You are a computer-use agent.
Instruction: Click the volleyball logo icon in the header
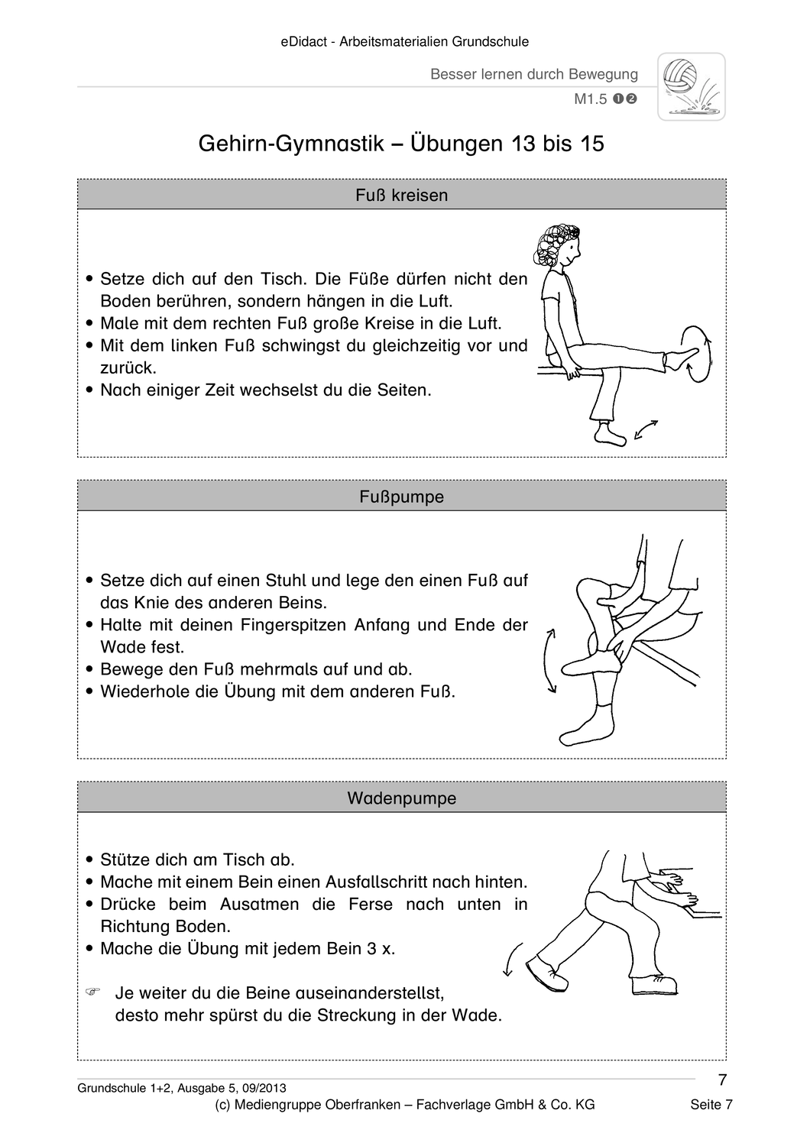691,87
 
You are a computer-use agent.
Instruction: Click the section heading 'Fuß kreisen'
401,196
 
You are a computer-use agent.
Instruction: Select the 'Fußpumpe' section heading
401,497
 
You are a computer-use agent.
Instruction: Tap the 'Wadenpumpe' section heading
401,798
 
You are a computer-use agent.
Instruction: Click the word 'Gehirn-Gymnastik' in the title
290,144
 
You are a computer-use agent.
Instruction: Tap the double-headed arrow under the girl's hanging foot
646,430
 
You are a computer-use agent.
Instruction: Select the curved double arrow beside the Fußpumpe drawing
549,660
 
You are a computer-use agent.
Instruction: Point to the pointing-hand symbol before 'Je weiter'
93,992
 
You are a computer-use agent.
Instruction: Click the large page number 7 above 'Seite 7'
723,1080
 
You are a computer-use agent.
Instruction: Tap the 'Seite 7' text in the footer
711,1105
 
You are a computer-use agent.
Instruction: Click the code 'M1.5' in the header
590,99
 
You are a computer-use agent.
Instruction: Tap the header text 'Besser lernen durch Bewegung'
533,74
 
